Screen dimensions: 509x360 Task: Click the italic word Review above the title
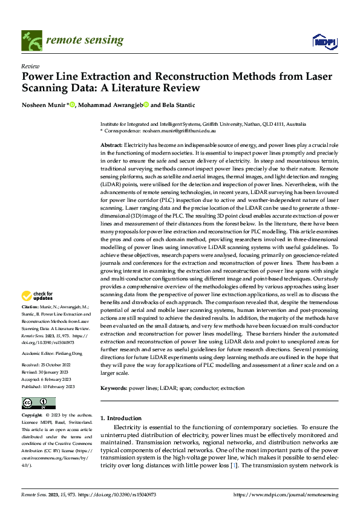30,66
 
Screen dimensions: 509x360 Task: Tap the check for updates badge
37,296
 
